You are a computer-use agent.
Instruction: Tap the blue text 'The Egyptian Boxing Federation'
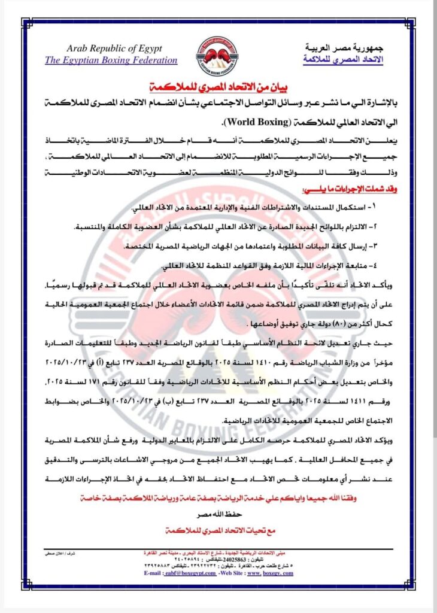click(111, 60)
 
